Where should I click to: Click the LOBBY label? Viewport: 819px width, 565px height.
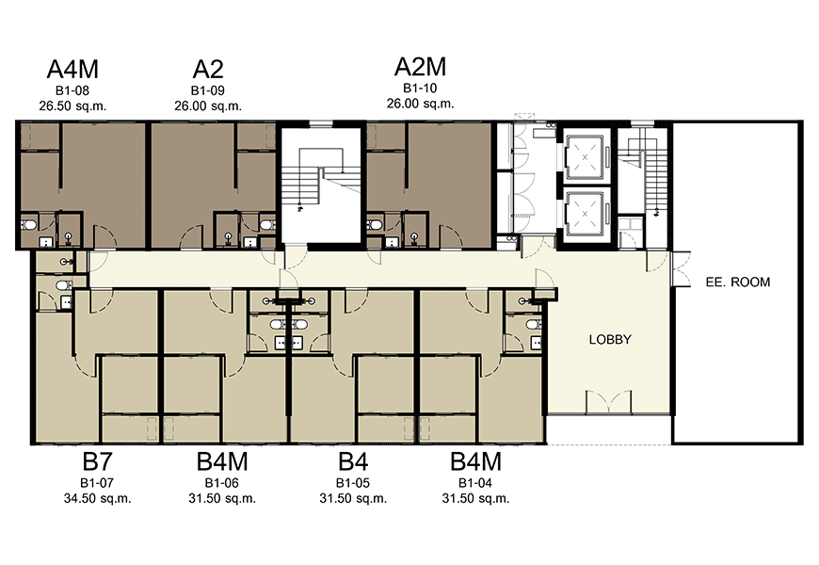[x=610, y=340]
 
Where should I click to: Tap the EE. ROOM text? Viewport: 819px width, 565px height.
[x=737, y=282]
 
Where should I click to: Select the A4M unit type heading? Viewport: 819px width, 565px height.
[x=72, y=69]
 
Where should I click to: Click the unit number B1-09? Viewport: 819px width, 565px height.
[x=208, y=90]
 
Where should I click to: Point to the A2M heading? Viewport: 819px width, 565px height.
[x=421, y=67]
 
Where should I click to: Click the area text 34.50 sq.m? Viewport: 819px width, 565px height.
[x=97, y=499]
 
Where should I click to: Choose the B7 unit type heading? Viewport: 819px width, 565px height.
[x=97, y=461]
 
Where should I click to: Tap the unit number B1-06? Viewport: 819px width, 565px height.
[x=222, y=483]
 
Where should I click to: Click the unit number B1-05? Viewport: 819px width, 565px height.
[x=353, y=483]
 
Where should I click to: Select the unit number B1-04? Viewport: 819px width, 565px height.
[x=475, y=483]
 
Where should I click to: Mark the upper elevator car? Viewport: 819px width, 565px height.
[x=585, y=157]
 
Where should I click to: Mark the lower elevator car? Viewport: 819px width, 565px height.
[x=585, y=213]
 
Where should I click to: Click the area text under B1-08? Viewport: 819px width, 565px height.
[x=72, y=106]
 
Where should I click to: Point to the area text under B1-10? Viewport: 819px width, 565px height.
[x=421, y=104]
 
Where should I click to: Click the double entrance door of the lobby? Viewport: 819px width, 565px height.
[x=608, y=402]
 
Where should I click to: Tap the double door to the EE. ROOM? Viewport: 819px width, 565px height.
[x=680, y=268]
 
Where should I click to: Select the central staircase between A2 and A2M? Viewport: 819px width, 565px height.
[x=321, y=183]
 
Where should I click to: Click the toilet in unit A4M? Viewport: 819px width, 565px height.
[x=28, y=225]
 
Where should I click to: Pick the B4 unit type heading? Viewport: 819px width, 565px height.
[x=353, y=461]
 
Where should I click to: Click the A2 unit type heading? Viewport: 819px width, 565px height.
[x=208, y=69]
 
